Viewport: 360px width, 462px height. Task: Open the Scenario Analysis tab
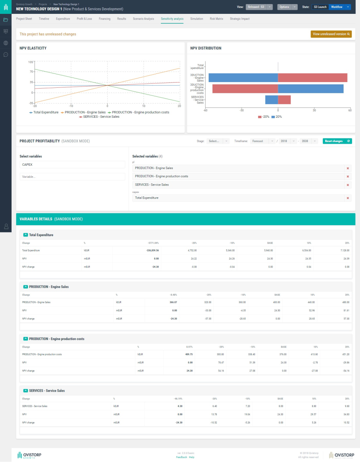pyautogui.click(x=143, y=19)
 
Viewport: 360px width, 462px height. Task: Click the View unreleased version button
pyautogui.click(x=331, y=34)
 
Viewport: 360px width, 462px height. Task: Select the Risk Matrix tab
pyautogui.click(x=216, y=19)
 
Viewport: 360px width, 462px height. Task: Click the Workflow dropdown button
pyautogui.click(x=339, y=7)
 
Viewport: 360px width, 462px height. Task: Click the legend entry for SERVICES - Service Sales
pyautogui.click(x=99, y=117)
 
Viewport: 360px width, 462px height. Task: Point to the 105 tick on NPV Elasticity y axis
pyautogui.click(x=31, y=61)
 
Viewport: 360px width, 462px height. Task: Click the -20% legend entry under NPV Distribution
pyautogui.click(x=264, y=117)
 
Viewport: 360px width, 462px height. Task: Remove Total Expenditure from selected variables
pyautogui.click(x=348, y=198)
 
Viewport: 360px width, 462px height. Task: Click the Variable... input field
pyautogui.click(x=72, y=176)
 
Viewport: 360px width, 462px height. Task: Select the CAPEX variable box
pyautogui.click(x=72, y=165)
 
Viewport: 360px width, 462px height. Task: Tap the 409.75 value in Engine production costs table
pyautogui.click(x=187, y=354)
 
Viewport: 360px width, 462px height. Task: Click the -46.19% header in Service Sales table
pyautogui.click(x=178, y=399)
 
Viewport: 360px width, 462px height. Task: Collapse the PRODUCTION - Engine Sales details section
pyautogui.click(x=25, y=287)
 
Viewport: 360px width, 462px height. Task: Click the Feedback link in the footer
pyautogui.click(x=181, y=457)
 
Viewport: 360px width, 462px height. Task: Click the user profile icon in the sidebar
pyautogui.click(x=6, y=226)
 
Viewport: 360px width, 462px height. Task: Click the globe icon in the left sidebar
pyautogui.click(x=6, y=43)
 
